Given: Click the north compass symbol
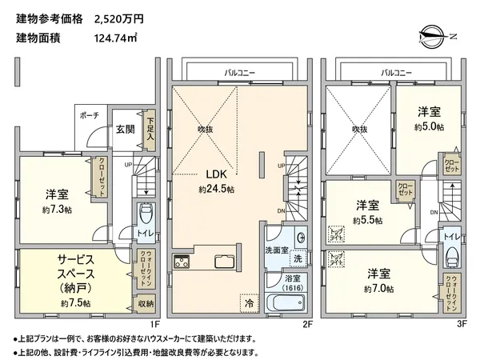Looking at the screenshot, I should click(431, 36).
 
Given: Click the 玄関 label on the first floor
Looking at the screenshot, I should click(124, 129).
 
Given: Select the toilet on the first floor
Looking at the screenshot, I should click(146, 215).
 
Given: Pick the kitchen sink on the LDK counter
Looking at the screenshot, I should click(222, 261).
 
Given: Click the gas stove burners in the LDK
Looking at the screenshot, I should click(181, 261).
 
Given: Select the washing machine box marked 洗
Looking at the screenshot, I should click(297, 259).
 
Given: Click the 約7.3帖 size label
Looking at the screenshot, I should click(55, 209).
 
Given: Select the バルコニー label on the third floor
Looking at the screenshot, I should click(398, 72).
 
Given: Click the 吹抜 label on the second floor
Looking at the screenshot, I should click(206, 129).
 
